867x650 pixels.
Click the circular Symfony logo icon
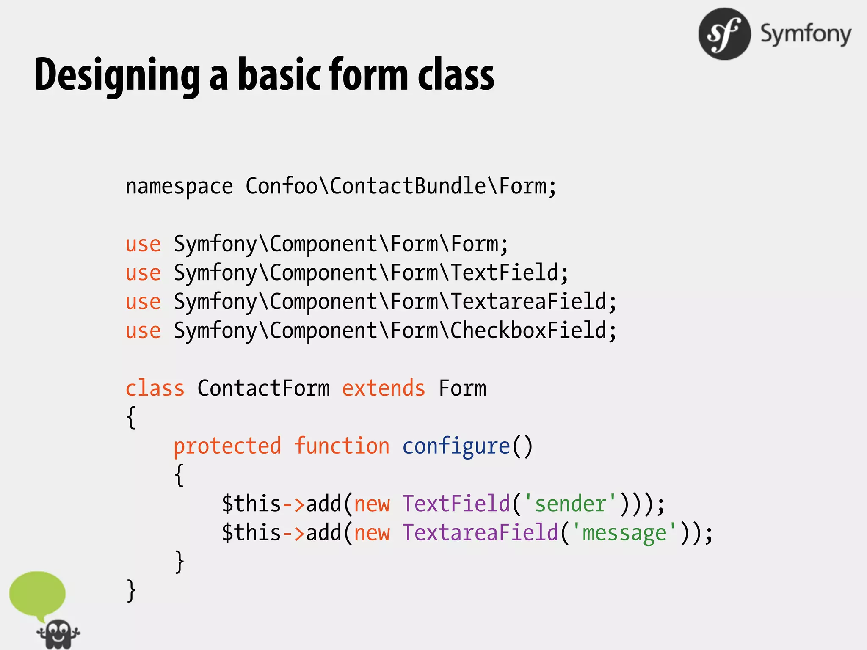(724, 34)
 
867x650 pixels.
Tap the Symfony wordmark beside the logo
(806, 34)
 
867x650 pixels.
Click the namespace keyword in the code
(179, 187)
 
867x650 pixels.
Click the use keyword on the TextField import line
(143, 273)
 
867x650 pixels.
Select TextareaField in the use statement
(528, 302)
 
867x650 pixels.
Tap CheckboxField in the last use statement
(528, 331)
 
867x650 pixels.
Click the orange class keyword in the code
(155, 388)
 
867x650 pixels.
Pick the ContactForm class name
(263, 388)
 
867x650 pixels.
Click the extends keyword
(383, 388)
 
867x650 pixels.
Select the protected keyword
(227, 446)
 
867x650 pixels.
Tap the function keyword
(342, 446)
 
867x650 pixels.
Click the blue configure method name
(456, 446)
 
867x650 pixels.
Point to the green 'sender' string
(570, 504)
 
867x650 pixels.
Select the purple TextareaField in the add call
(480, 533)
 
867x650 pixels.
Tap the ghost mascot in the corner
(58, 634)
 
